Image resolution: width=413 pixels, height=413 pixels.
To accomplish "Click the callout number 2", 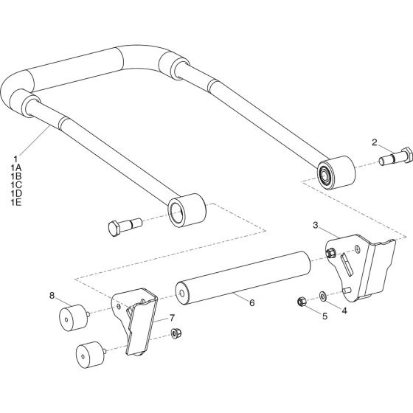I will pyautogui.click(x=374, y=142).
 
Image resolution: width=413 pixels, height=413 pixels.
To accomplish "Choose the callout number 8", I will pyautogui.click(x=52, y=296).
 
